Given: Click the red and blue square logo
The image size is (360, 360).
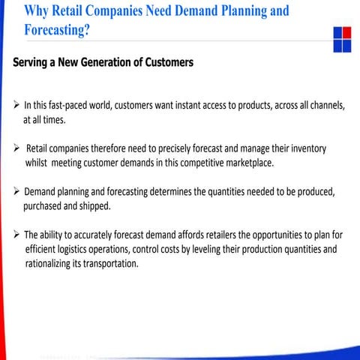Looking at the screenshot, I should click(341, 40).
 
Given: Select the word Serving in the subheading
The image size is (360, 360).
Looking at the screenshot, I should click(34, 63).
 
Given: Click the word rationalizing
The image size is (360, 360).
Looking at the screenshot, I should click(51, 263).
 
